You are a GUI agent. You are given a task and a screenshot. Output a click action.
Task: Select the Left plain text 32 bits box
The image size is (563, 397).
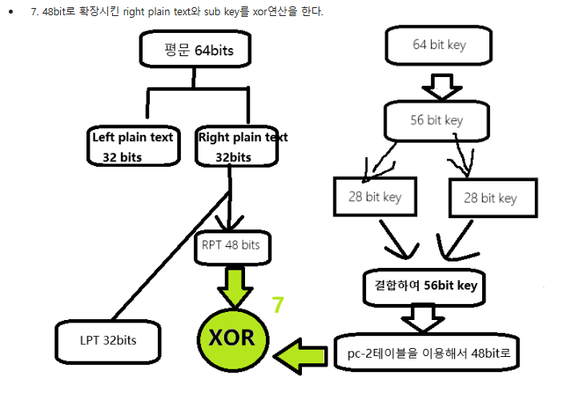click(x=132, y=146)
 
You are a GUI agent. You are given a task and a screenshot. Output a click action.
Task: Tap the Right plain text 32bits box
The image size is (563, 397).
click(x=242, y=146)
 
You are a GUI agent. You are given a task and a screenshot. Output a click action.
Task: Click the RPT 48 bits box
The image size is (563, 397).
click(x=231, y=245)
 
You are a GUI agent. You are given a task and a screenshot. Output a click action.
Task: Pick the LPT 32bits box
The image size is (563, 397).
click(x=108, y=340)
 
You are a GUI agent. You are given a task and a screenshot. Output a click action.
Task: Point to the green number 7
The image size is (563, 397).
click(x=278, y=305)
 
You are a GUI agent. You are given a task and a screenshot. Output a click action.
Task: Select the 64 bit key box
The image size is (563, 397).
click(x=439, y=45)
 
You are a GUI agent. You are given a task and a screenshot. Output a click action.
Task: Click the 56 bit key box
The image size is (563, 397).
click(x=436, y=120)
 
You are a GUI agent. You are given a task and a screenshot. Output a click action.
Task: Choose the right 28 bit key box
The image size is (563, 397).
click(x=488, y=197)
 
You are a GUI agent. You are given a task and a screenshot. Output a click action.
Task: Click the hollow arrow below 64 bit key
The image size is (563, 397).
click(x=436, y=84)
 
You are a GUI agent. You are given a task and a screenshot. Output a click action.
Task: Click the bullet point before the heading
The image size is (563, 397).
click(x=10, y=14)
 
